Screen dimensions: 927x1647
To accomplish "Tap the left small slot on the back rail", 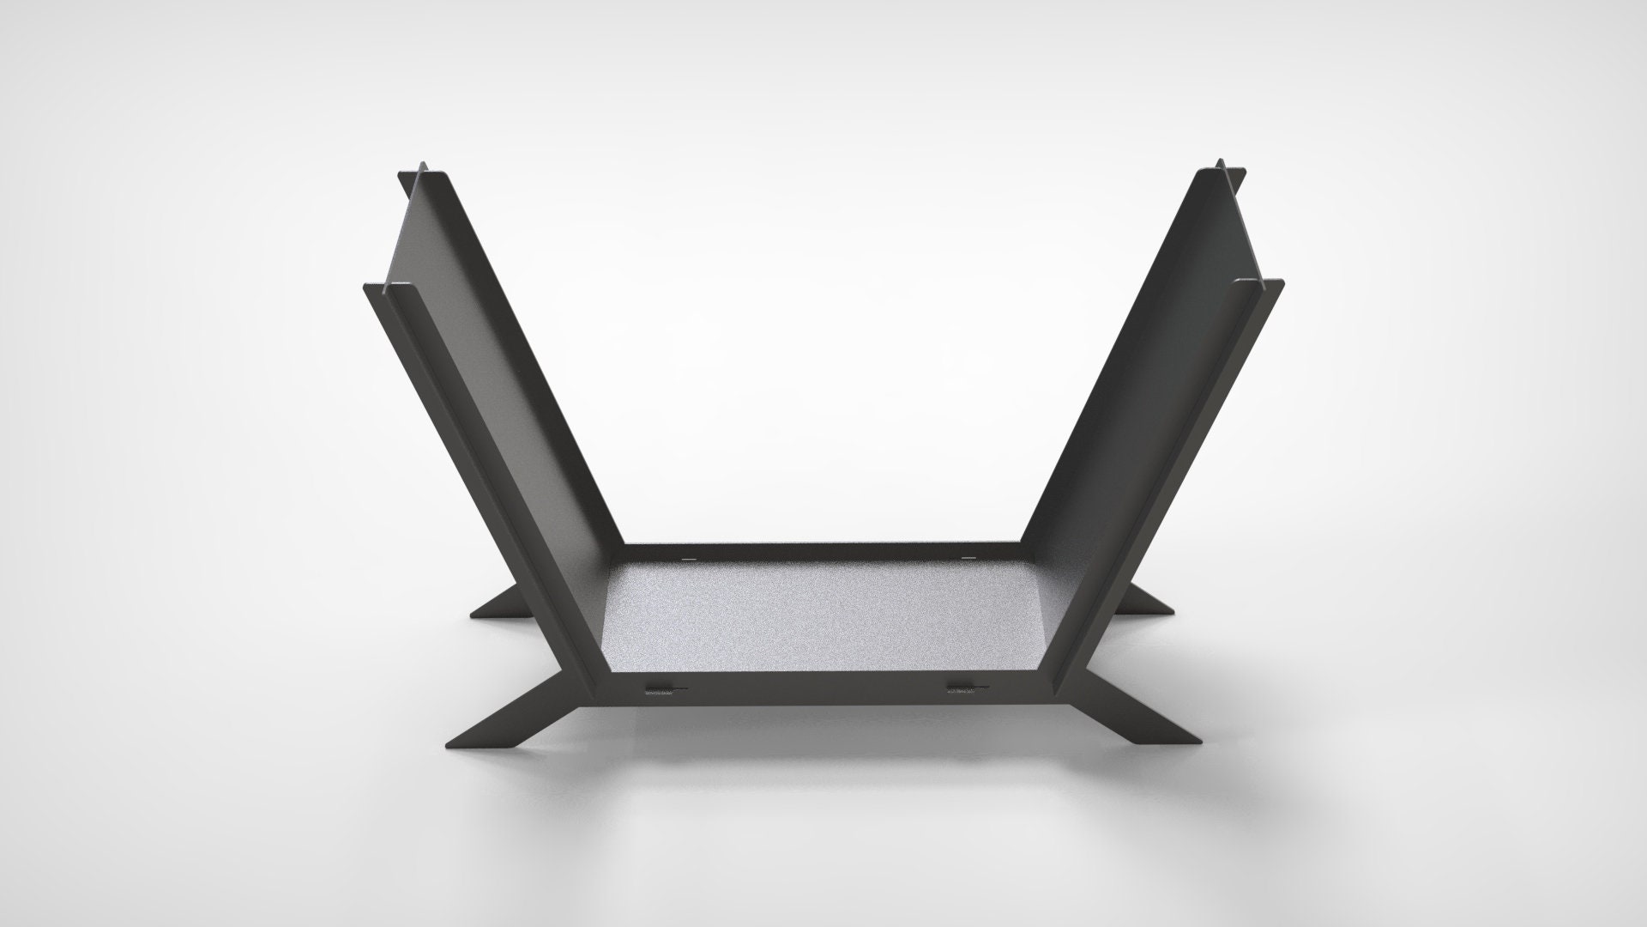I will [687, 559].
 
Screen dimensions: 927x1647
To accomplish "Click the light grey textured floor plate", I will [823, 618].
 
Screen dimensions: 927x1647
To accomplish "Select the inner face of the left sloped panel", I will [506, 386].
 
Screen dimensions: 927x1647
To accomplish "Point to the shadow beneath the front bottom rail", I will [823, 730].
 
